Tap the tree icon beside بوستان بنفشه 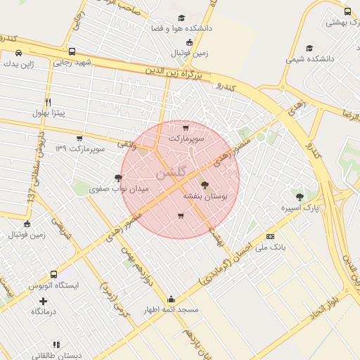pyautogui.click(x=205, y=186)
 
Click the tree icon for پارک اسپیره pyautogui.click(x=300, y=197)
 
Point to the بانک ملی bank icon pyautogui.click(x=270, y=236)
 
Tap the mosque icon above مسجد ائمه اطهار pyautogui.click(x=172, y=299)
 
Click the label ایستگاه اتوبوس pyautogui.click(x=54, y=286)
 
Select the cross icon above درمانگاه pyautogui.click(x=43, y=301)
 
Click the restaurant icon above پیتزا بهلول pyautogui.click(x=48, y=102)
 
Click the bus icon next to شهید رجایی pyautogui.click(x=72, y=51)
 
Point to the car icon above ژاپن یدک pyautogui.click(x=18, y=52)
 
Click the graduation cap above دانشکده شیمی pyautogui.click(x=310, y=49)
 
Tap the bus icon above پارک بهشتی pyautogui.click(x=347, y=11)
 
